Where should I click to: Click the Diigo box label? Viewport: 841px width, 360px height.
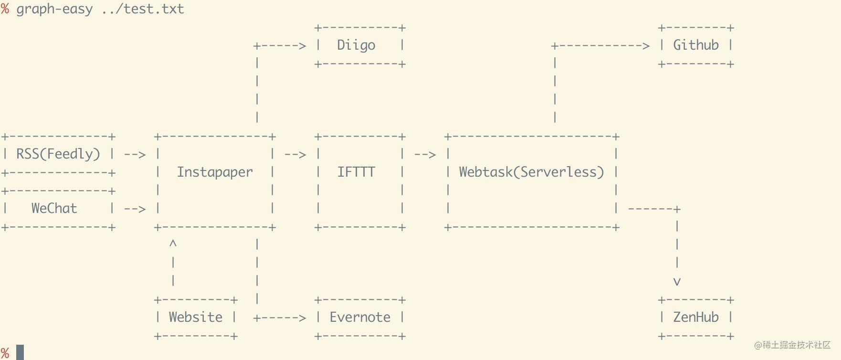pos(356,45)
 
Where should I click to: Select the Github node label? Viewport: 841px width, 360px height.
pos(695,45)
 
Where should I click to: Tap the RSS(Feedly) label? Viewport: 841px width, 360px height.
pos(58,154)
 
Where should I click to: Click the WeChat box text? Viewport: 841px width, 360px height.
pos(54,209)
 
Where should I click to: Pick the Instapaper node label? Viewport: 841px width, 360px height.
pos(215,172)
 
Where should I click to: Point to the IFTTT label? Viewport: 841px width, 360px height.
pos(356,172)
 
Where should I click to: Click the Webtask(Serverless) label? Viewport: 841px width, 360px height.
pos(531,172)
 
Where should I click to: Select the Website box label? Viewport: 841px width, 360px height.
pos(195,318)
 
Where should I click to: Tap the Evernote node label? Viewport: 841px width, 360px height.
pos(360,318)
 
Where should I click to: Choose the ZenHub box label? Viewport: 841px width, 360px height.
pos(695,318)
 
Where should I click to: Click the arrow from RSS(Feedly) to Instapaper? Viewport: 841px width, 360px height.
pos(135,155)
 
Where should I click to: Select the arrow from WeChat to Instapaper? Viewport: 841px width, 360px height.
pos(135,209)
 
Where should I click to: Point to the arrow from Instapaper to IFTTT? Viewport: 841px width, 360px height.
pos(295,155)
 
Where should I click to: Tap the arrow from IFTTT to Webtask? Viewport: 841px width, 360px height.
pos(425,155)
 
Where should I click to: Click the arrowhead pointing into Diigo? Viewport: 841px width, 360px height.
pos(302,46)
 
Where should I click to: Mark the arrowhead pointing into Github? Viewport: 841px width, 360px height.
pos(646,46)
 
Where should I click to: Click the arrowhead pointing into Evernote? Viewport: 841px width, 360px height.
pos(302,318)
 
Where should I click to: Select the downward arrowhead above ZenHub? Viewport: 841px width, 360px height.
pos(677,282)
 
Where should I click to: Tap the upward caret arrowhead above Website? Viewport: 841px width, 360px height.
pos(173,244)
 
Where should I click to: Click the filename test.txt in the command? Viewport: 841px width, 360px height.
pos(154,9)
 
